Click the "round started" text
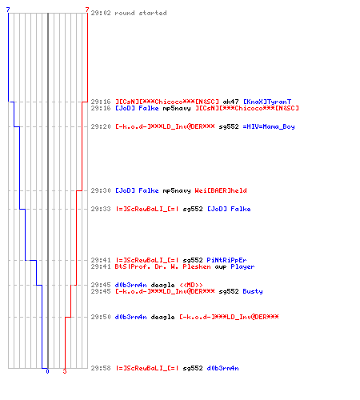[x=141, y=13]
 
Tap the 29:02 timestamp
[x=101, y=13]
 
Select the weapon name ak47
[x=230, y=102]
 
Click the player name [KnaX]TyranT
[x=267, y=102]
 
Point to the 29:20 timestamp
[x=101, y=126]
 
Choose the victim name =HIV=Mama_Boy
[x=269, y=126]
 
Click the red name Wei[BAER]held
[x=221, y=190]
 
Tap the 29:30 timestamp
[x=101, y=190]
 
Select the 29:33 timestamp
[x=101, y=209]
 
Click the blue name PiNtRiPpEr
[x=226, y=260]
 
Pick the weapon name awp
[x=221, y=266]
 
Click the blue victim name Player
[x=242, y=266]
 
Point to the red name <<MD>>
[x=191, y=285]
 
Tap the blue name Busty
[x=253, y=291]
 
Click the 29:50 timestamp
[x=101, y=317]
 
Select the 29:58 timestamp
[x=101, y=368]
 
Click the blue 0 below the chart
[x=47, y=371]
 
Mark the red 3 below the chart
[x=65, y=371]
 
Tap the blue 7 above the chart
[x=8, y=10]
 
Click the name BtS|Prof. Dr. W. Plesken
[x=162, y=266]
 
